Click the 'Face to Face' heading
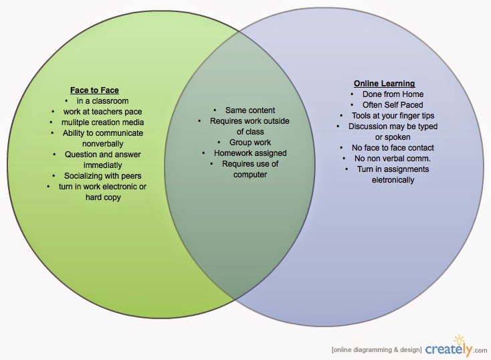click(94, 89)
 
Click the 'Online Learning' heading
click(384, 84)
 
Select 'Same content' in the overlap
click(250, 110)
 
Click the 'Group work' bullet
click(250, 143)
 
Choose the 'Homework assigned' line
click(250, 153)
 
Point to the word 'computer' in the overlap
click(250, 175)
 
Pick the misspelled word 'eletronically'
click(384, 179)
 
